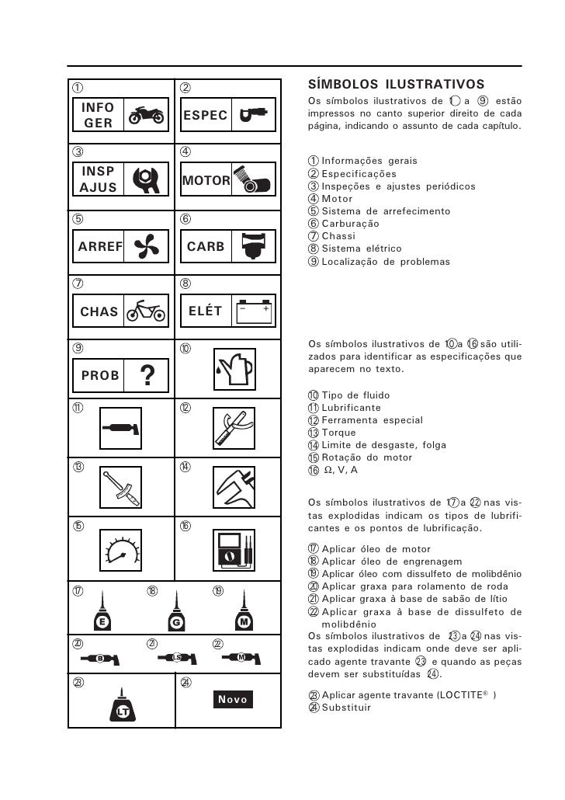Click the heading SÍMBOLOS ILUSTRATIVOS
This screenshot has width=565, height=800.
[396, 84]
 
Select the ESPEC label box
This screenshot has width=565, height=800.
[206, 116]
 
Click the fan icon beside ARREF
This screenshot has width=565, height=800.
[145, 248]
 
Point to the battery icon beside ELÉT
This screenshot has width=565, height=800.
[254, 311]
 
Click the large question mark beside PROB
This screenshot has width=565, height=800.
[146, 375]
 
